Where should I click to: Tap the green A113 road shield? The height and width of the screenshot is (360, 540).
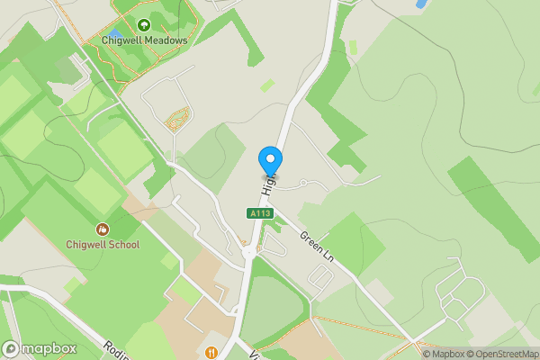(260, 213)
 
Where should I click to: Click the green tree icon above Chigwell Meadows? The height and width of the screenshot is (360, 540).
(144, 24)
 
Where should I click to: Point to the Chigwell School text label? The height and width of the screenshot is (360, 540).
(103, 245)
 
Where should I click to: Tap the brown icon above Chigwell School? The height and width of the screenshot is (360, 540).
(102, 229)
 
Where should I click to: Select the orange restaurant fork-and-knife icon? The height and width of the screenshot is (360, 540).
(211, 352)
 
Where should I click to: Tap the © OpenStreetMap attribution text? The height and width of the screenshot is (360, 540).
(498, 353)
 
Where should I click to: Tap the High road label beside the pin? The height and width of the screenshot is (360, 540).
(267, 186)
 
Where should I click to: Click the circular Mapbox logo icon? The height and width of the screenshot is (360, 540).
(11, 349)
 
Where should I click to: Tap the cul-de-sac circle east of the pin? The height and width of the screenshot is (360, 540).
(304, 183)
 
